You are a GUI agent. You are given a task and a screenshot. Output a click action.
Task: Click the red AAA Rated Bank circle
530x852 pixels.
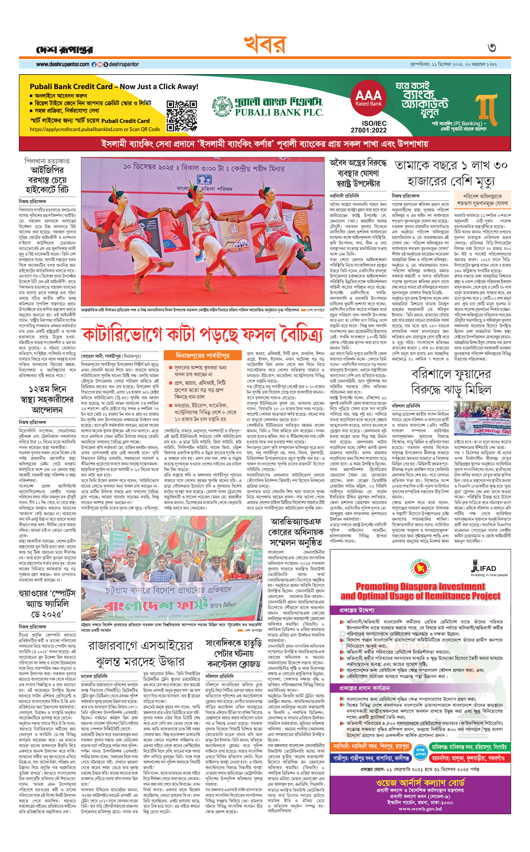(x=368, y=98)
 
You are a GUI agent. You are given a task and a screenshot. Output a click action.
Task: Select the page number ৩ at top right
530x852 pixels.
(x=492, y=48)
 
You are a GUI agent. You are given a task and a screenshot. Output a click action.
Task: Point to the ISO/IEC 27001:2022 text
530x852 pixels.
(x=369, y=126)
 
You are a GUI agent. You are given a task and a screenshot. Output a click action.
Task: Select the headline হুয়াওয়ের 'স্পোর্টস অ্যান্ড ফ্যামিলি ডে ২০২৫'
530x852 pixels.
(x=47, y=604)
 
